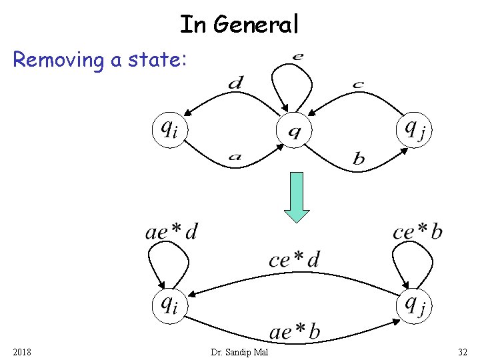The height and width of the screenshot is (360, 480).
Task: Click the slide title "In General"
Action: [x=239, y=25]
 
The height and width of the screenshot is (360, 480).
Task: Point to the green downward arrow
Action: [x=297, y=197]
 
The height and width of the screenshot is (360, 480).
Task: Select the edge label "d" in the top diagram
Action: [x=235, y=83]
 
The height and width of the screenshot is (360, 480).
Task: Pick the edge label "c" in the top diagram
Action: [x=358, y=84]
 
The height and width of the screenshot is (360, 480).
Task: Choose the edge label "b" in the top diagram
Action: [x=359, y=159]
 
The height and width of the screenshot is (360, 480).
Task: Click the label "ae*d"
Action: [x=171, y=231]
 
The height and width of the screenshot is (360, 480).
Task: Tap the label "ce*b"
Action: [x=417, y=231]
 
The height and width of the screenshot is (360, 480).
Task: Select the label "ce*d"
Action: [x=294, y=259]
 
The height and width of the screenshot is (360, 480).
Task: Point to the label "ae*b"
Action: [x=294, y=331]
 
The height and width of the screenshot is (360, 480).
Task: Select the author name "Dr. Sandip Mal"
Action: [x=239, y=351]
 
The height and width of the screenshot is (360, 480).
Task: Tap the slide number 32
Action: [x=463, y=351]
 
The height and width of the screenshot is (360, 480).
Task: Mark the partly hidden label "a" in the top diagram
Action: [x=235, y=158]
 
